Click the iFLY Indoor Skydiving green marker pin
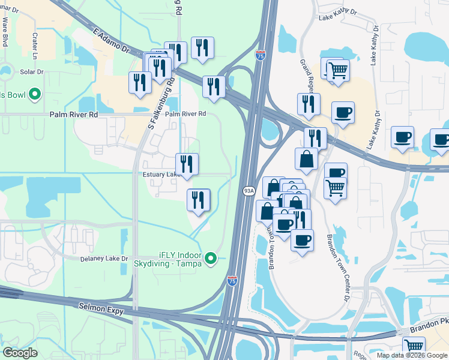click(x=211, y=258)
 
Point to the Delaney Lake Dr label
click(x=104, y=259)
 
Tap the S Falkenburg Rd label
click(x=160, y=103)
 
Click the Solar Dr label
click(x=32, y=72)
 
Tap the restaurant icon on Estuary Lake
click(x=187, y=164)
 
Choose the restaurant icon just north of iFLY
click(x=198, y=200)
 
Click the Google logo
click(x=20, y=353)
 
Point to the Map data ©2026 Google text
click(x=412, y=355)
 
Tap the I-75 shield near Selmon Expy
click(x=232, y=280)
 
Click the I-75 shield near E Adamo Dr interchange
click(x=260, y=56)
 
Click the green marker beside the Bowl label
click(x=35, y=94)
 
